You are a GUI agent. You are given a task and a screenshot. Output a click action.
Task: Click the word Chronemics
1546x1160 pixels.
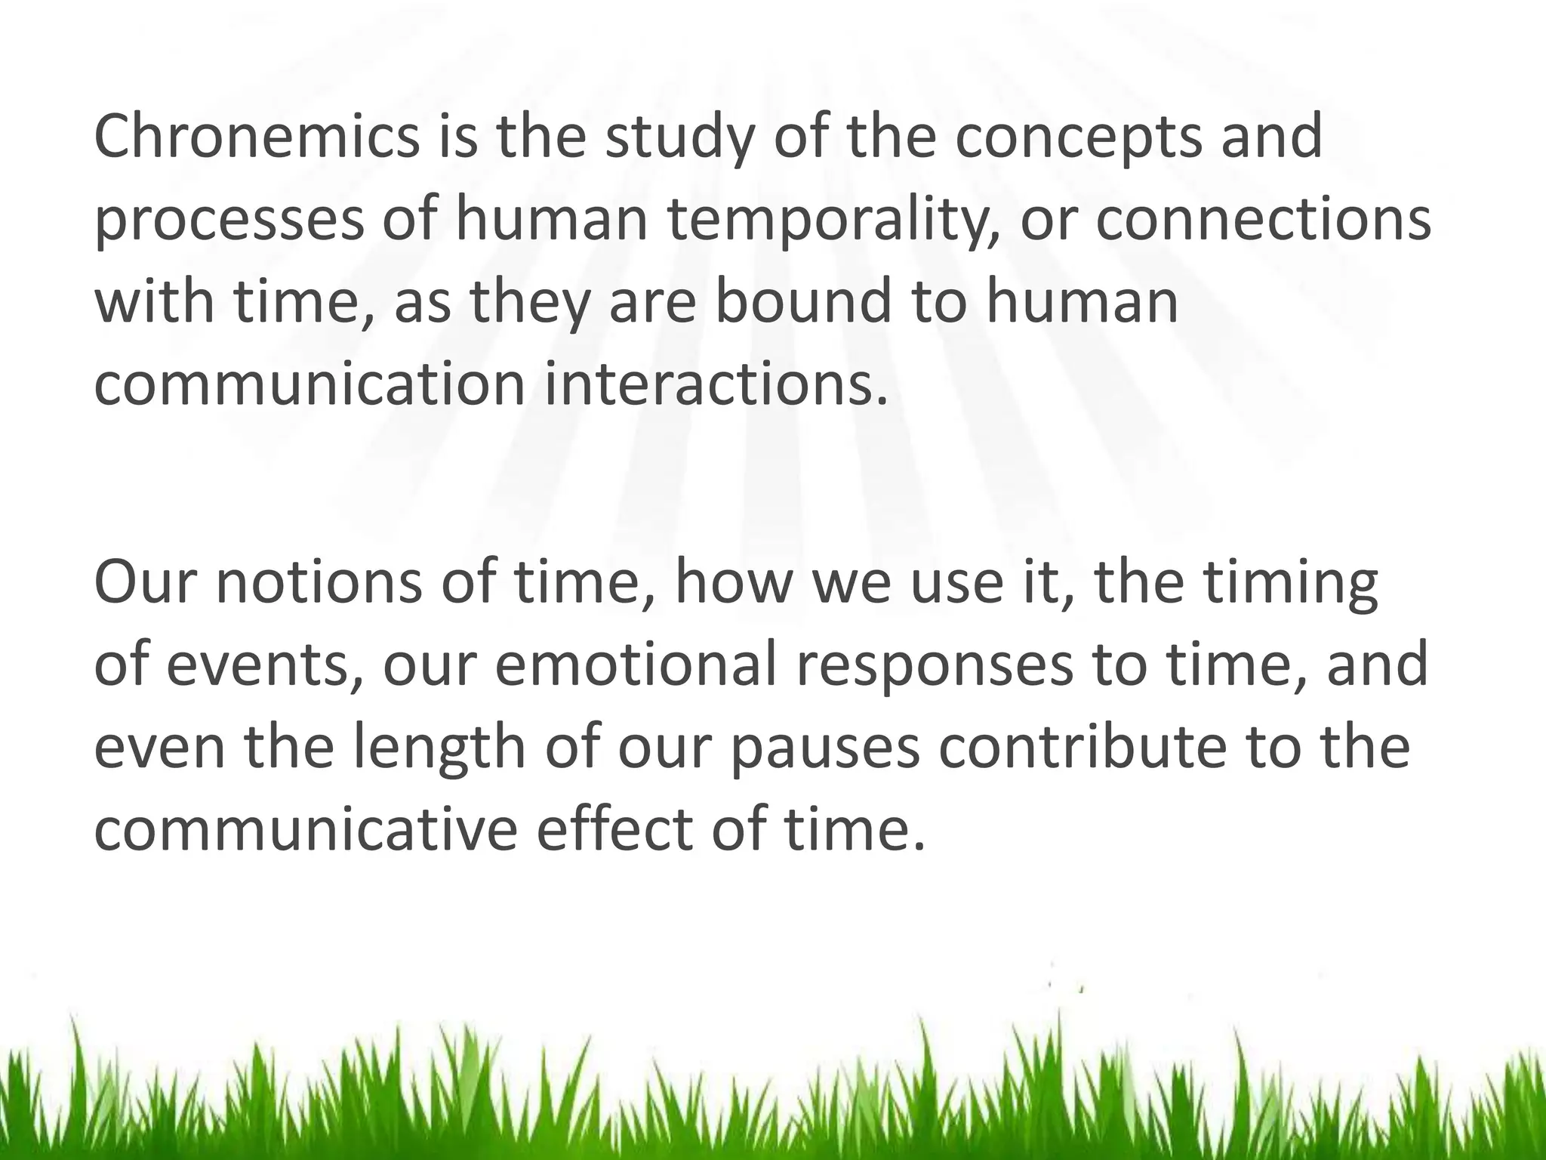click(x=257, y=137)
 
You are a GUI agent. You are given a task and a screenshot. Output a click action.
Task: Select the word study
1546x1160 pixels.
click(x=679, y=137)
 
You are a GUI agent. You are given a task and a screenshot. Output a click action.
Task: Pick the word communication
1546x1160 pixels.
click(x=310, y=384)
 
